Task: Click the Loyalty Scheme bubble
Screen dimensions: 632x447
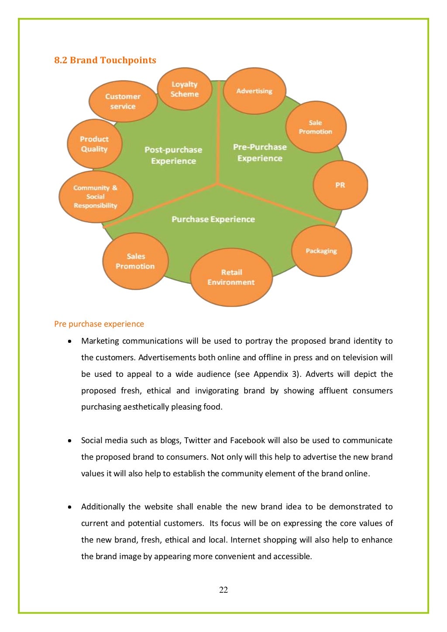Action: tap(184, 89)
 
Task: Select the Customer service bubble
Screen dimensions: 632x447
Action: tap(123, 101)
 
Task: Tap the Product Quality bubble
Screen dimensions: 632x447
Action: tap(94, 144)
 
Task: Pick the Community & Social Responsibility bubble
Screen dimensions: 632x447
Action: tap(96, 197)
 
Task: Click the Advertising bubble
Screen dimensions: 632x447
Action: tap(254, 91)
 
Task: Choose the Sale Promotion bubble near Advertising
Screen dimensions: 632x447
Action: tap(316, 127)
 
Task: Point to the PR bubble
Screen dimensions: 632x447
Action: tap(340, 185)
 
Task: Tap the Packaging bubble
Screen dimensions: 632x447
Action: tap(321, 251)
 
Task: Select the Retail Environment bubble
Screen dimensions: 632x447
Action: tap(231, 277)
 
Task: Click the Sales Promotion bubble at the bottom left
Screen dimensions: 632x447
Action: tap(135, 261)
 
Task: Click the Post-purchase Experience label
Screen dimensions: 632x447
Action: tap(173, 155)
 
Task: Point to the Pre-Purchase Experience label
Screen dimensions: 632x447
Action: tap(260, 153)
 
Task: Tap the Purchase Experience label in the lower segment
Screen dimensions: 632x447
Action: tap(213, 219)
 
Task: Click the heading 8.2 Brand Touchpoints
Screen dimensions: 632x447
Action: tap(105, 60)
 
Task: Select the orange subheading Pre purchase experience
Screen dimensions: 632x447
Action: tap(99, 324)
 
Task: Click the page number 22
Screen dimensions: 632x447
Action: tap(223, 590)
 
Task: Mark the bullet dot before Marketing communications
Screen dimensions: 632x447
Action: tap(70, 341)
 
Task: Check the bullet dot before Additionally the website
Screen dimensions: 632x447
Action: tap(70, 507)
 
